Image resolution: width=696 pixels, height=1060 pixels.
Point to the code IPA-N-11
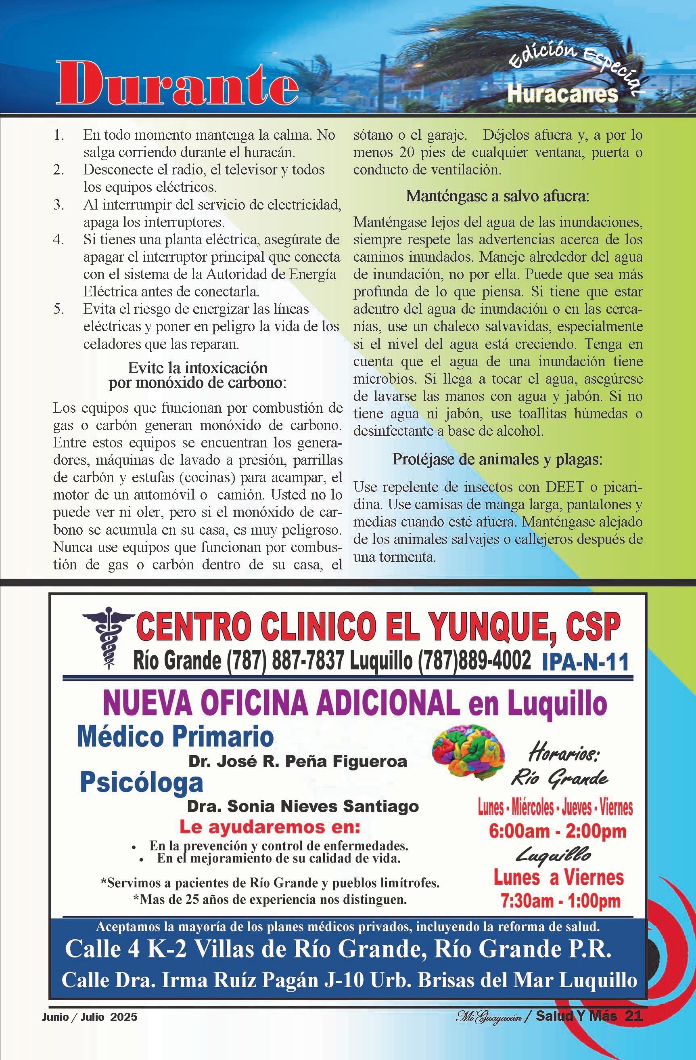[585, 662]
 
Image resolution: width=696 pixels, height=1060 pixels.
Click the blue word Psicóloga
[142, 782]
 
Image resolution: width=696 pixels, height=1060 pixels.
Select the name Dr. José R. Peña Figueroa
[298, 761]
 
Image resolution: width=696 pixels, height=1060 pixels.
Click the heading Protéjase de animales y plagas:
[497, 460]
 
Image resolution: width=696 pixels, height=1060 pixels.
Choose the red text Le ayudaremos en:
[269, 827]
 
